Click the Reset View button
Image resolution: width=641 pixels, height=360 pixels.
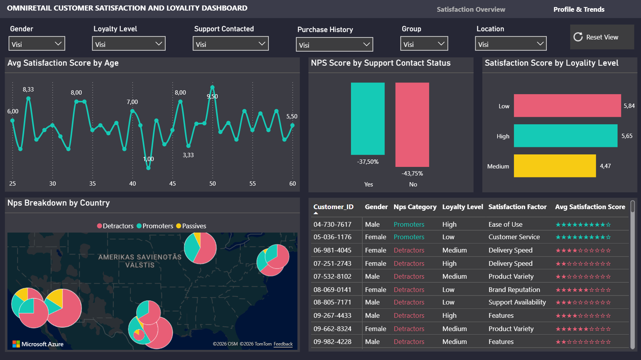[x=602, y=37]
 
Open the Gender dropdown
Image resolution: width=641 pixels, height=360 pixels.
[x=37, y=43]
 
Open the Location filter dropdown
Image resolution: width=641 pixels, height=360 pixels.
[x=511, y=43]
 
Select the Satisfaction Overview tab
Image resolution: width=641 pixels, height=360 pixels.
[x=471, y=9]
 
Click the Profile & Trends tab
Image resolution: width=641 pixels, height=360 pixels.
[x=579, y=9]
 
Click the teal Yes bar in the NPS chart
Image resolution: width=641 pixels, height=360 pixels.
[x=368, y=119]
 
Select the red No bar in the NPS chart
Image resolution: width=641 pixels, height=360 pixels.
[x=412, y=125]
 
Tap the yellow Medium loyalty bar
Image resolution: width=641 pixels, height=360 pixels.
[x=555, y=166]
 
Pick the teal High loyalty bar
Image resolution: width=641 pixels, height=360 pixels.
[x=566, y=136]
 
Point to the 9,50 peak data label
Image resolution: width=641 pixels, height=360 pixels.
[x=212, y=97]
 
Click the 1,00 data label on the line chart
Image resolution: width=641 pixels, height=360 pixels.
[x=148, y=159]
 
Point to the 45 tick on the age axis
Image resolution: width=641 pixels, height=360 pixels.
[x=172, y=184]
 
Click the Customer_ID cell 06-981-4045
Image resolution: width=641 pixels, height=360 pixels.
[x=332, y=251]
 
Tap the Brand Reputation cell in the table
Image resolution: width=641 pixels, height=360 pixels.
[x=514, y=290]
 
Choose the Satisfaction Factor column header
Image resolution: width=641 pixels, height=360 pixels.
[x=517, y=207]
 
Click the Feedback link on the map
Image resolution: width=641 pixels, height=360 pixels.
[x=283, y=344]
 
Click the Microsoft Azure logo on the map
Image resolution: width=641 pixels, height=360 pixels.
[x=38, y=344]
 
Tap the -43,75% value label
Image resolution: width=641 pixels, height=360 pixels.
[x=412, y=174]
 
